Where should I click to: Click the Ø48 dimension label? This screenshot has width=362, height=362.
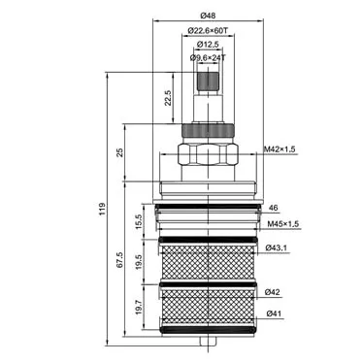208,16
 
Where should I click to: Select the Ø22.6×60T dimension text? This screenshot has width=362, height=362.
208,31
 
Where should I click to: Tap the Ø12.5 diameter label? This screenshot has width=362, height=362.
208,45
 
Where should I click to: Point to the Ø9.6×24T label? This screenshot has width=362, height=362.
208,58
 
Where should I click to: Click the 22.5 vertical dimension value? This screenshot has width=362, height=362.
168,98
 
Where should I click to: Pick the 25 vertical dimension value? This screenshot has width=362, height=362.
119,152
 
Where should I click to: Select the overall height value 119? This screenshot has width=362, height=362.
102,210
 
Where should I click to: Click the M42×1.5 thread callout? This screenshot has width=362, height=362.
280,149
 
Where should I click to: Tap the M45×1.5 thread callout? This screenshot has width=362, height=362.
283,224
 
